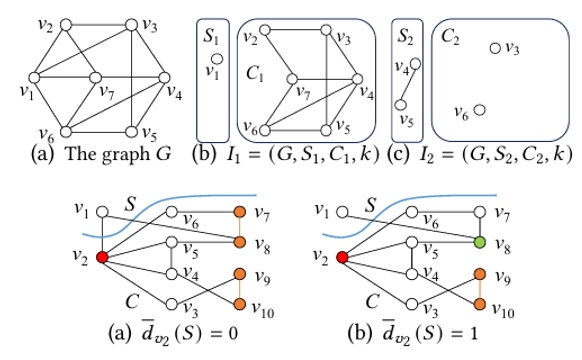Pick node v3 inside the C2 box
point(494,47)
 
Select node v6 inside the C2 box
point(481,109)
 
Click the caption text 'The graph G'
point(122,153)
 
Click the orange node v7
point(238,211)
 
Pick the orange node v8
point(238,241)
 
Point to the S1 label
point(210,32)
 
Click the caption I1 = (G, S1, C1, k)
point(293,153)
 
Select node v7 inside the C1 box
point(291,81)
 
